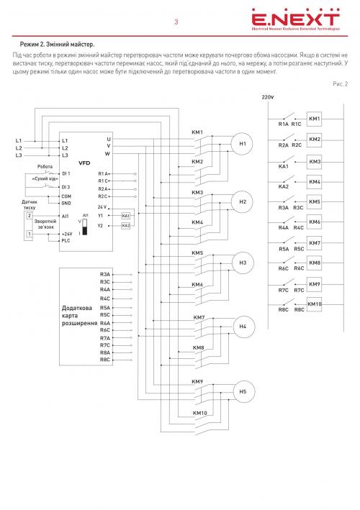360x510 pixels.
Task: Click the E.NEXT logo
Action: [295, 19]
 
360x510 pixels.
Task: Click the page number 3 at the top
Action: [176, 22]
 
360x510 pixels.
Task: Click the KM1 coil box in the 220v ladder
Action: [314, 119]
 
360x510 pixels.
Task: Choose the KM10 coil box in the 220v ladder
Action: [315, 304]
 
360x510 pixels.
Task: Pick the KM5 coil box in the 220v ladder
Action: [315, 202]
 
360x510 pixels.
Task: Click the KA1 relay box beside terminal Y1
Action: [126, 216]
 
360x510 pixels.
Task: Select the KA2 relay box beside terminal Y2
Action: [126, 226]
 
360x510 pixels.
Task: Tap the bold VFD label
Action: [84, 163]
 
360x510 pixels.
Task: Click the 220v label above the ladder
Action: [268, 97]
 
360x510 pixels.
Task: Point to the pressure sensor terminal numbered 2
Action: [30, 216]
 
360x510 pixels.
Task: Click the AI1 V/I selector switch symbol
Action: [85, 227]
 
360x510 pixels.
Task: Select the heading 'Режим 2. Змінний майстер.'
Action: [58, 44]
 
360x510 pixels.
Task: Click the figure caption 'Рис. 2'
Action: [340, 84]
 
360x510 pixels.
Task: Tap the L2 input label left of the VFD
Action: [19, 148]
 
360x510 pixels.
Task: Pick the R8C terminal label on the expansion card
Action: [105, 360]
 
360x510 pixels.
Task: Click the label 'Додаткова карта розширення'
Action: [79, 316]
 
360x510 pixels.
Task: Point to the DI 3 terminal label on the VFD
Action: [66, 187]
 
